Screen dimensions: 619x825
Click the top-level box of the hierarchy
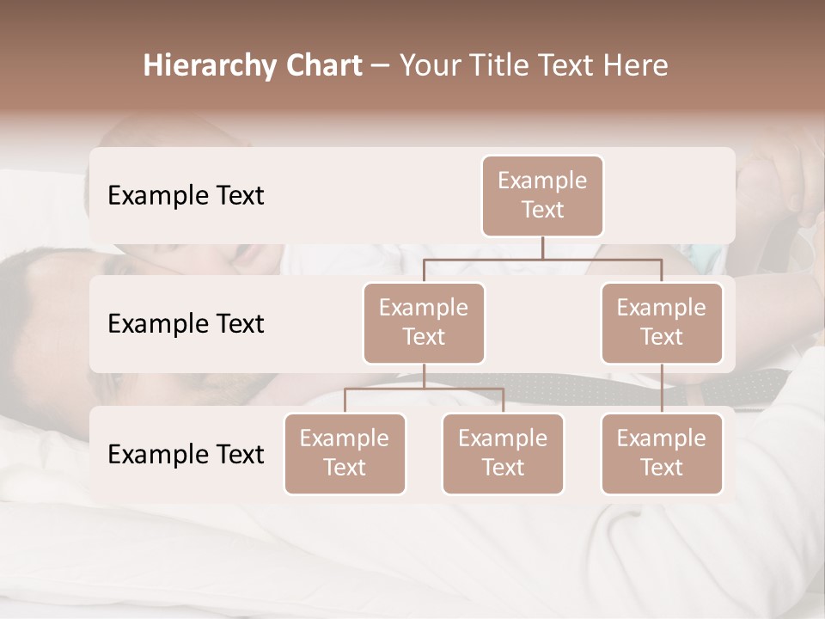point(542,195)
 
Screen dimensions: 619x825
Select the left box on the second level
point(424,322)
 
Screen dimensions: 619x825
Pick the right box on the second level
point(662,322)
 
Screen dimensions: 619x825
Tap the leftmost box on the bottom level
point(345,453)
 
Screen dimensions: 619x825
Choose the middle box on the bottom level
point(503,453)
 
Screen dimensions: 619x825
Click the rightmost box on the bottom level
point(662,453)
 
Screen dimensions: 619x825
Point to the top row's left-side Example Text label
point(186,196)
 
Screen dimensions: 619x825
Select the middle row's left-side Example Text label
point(186,324)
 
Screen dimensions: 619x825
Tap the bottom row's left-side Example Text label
point(186,455)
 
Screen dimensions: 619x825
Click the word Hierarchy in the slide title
point(211,66)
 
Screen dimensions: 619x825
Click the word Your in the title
point(430,66)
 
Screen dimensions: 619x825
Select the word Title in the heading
point(497,66)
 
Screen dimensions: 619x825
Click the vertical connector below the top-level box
point(542,248)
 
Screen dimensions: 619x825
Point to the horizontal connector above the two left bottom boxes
point(424,389)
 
